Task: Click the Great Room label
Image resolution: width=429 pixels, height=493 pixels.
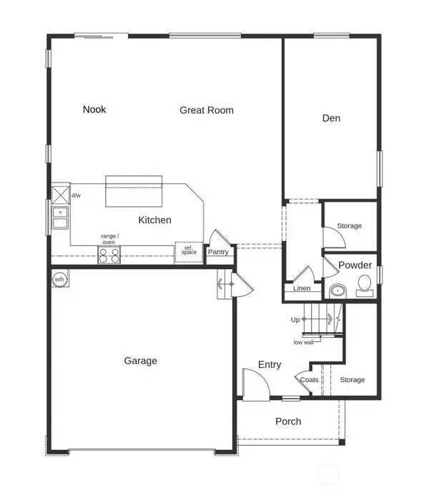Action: click(x=207, y=110)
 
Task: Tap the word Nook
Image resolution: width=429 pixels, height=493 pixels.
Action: click(x=94, y=109)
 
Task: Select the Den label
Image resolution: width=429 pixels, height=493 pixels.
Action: click(x=331, y=118)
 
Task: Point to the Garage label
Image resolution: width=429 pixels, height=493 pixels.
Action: click(x=140, y=361)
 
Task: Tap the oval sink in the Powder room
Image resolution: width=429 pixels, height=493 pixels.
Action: click(x=338, y=291)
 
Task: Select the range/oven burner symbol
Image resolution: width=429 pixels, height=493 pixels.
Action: click(x=109, y=255)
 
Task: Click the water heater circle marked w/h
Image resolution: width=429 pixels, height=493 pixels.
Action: click(x=59, y=279)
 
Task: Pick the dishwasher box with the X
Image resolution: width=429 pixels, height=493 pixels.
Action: click(x=61, y=195)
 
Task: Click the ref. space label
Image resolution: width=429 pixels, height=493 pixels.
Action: click(x=189, y=250)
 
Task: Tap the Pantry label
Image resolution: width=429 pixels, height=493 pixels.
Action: click(x=218, y=252)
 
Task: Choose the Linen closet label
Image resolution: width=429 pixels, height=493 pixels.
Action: click(x=302, y=288)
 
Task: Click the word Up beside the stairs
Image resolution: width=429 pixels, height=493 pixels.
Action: click(x=295, y=320)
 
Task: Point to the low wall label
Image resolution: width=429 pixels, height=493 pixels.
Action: click(x=304, y=343)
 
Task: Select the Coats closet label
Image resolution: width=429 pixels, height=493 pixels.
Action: click(x=310, y=380)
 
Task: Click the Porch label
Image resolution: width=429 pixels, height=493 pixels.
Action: click(x=288, y=421)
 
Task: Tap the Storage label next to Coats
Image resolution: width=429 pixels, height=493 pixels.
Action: click(x=352, y=380)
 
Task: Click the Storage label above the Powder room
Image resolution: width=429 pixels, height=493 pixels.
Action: click(x=349, y=225)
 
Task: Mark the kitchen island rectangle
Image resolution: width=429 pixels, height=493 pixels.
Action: click(x=134, y=191)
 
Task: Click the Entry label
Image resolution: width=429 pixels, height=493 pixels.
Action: click(x=270, y=365)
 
